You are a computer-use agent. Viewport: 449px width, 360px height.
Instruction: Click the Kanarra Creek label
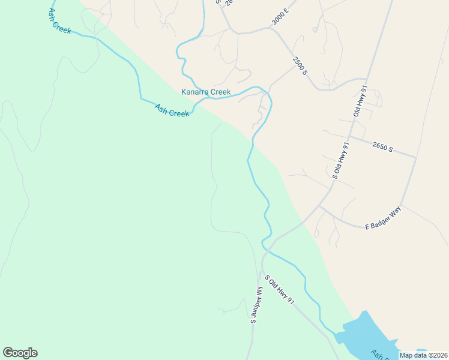[x=206, y=92]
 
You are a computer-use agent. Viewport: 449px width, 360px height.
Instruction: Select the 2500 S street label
[x=300, y=65]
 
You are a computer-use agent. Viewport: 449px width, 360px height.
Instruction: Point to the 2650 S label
[x=382, y=147]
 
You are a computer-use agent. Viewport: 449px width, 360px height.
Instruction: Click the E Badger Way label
[x=383, y=219]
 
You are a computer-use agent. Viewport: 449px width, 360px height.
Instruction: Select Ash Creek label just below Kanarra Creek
[x=172, y=110]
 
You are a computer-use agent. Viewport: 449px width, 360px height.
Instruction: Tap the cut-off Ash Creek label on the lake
[x=381, y=354]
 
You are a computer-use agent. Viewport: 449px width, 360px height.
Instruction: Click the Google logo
[x=20, y=353]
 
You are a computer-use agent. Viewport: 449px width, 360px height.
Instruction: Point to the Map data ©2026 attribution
[x=424, y=355]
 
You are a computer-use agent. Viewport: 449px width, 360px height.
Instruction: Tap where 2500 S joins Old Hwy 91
[x=366, y=79]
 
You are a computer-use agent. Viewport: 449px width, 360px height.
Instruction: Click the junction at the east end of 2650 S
[x=416, y=157]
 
